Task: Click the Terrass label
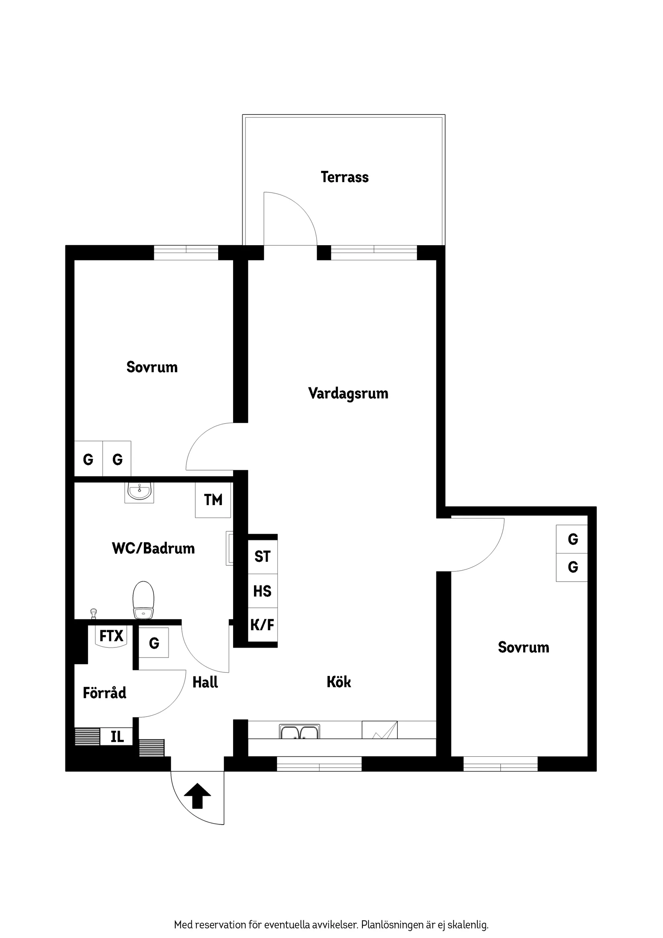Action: click(x=344, y=177)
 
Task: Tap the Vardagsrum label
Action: click(x=348, y=393)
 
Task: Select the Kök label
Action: click(x=339, y=682)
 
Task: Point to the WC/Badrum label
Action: click(x=153, y=548)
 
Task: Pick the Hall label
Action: click(x=205, y=682)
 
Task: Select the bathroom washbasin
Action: click(x=139, y=492)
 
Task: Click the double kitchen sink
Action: click(x=299, y=732)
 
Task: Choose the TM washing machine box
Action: click(x=213, y=500)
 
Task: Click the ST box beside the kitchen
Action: click(x=263, y=557)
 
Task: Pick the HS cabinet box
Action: click(x=263, y=591)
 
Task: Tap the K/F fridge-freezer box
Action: click(x=263, y=625)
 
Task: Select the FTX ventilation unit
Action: click(x=111, y=637)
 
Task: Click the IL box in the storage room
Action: click(x=117, y=737)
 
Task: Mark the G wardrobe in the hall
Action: click(x=153, y=643)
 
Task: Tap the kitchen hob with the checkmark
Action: click(x=379, y=730)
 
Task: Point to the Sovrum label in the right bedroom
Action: click(x=523, y=647)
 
